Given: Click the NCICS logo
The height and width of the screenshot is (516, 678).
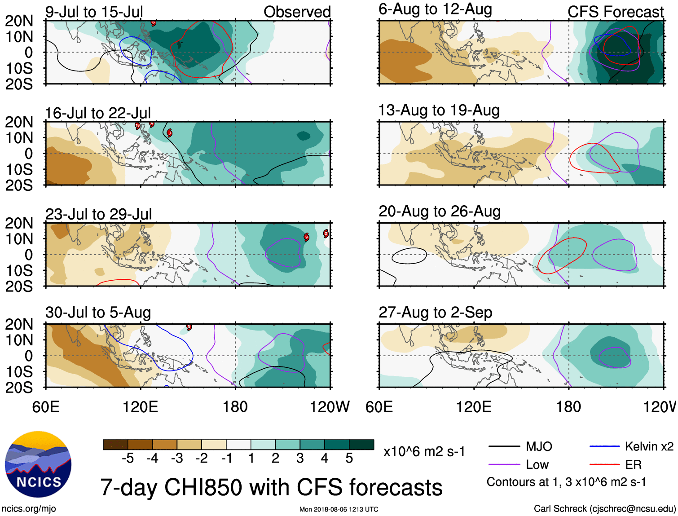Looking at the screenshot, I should tap(38, 464).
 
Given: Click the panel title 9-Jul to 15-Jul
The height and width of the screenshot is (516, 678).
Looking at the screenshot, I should tap(94, 12).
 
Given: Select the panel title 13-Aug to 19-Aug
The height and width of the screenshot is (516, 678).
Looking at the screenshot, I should tap(439, 110).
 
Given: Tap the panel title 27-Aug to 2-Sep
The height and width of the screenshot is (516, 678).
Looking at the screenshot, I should tap(435, 313).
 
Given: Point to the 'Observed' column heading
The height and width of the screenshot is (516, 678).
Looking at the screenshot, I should tap(297, 12).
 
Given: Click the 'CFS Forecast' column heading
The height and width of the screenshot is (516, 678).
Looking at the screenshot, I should tap(615, 12).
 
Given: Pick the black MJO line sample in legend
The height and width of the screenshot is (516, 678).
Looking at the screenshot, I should tap(504, 446).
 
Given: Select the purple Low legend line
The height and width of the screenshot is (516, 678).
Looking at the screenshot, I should tap(504, 464).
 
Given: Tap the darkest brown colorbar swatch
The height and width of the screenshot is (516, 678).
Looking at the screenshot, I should tap(115, 445).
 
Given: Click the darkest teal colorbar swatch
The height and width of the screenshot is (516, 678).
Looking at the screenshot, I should tap(361, 445).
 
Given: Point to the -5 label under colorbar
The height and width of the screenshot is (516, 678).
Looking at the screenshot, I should tap(128, 458).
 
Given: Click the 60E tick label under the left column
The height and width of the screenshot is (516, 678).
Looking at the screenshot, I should tap(46, 407).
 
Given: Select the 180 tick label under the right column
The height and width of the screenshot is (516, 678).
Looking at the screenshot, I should tap(568, 407).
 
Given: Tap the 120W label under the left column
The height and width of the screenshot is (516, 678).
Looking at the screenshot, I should tap(330, 407).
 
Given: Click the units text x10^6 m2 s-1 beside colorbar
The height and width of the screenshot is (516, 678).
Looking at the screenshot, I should tap(424, 451).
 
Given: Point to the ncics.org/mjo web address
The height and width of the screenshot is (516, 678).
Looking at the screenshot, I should tap(29, 508).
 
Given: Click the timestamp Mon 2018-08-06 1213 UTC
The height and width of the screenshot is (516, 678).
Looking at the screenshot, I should tap(339, 509).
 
